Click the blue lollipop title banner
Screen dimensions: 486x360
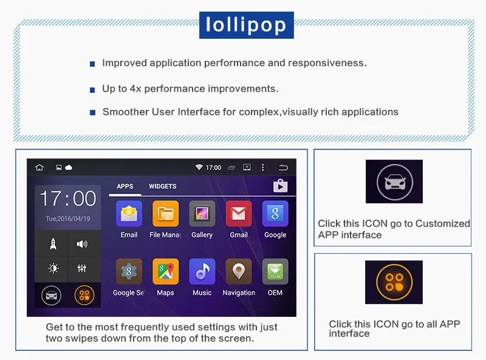247,25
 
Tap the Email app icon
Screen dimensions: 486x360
129,214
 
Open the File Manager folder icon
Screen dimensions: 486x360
165,214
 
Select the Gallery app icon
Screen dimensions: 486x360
202,214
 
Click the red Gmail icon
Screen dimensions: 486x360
239,214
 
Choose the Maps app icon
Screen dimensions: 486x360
165,271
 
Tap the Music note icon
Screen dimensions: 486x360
202,271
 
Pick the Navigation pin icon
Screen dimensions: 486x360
239,271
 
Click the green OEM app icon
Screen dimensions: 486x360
275,271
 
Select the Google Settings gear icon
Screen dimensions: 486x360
129,271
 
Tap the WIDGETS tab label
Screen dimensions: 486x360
162,186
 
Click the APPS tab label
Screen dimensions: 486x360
125,186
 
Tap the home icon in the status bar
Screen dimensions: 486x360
39,168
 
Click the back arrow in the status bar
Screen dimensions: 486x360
283,168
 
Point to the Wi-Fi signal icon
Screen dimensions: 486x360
199,168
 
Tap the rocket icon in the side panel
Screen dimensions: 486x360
53,244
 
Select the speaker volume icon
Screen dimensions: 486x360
82,244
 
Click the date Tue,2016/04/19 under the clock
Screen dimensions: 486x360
68,219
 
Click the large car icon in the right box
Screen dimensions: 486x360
394,182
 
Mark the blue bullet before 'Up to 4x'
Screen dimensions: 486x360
92,90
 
